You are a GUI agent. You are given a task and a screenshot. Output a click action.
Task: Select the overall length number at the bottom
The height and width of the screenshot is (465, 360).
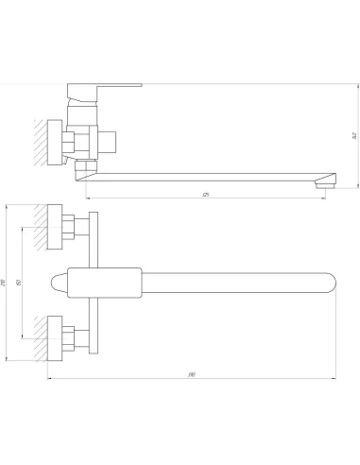point(192,375)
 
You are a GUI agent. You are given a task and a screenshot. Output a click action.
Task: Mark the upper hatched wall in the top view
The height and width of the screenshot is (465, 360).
point(39,227)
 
